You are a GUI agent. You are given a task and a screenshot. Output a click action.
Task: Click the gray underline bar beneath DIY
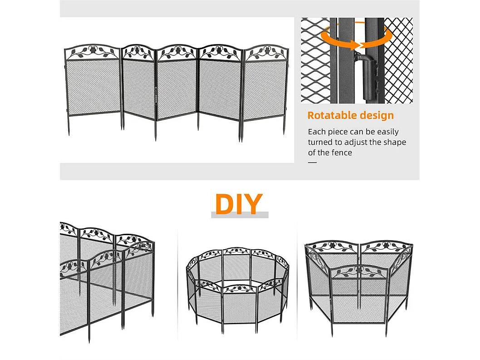(x=240, y=215)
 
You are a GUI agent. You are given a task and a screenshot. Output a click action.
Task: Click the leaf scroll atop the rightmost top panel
(x=266, y=53)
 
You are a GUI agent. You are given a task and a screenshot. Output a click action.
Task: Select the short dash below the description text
(x=312, y=163)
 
